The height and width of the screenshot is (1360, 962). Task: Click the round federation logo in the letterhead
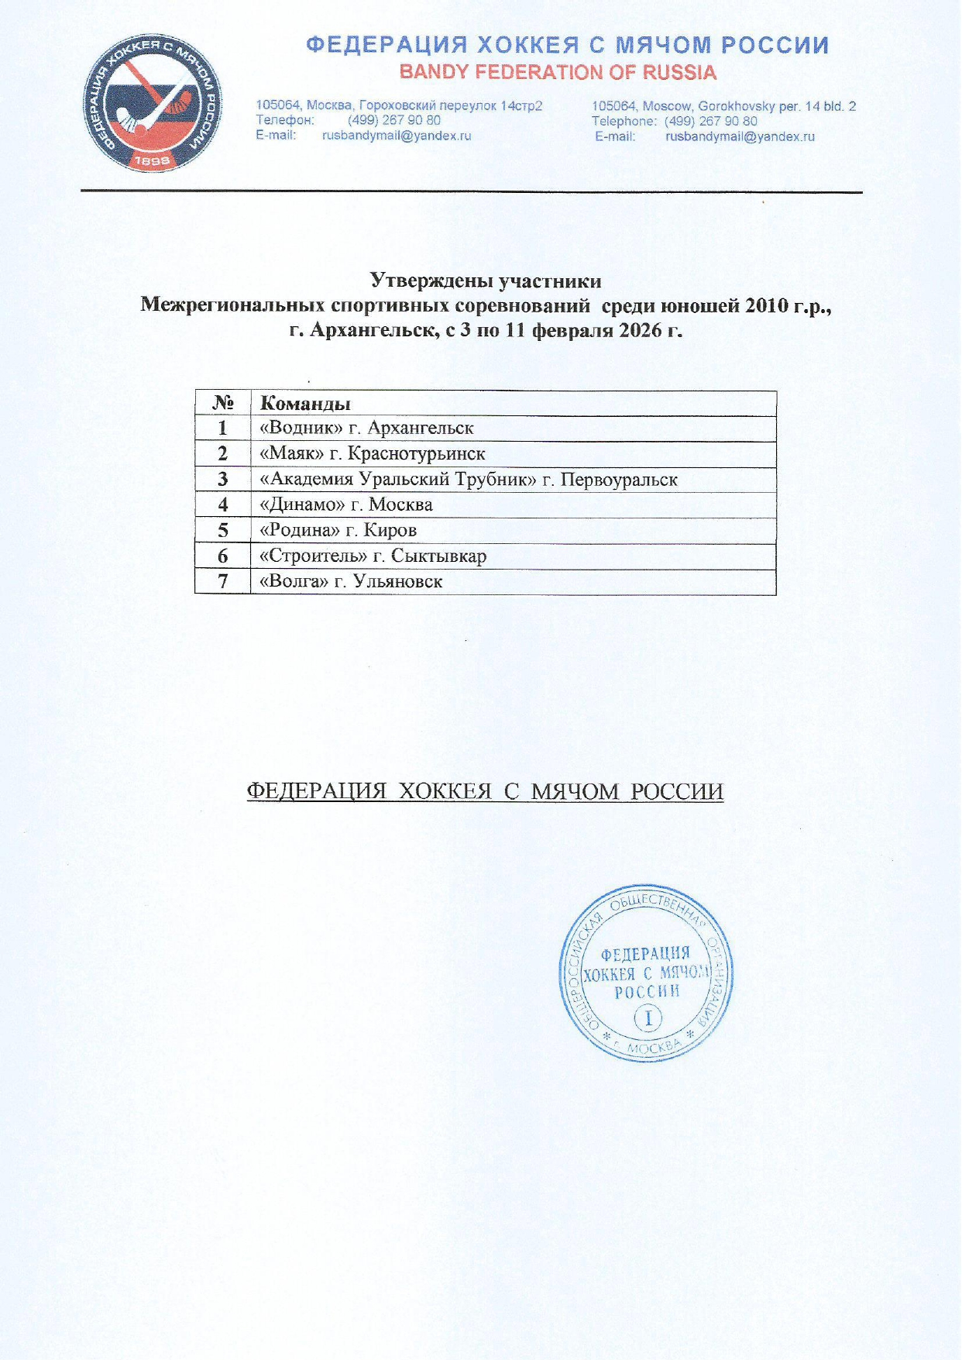pos(152,104)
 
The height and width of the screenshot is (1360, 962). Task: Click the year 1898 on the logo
pos(152,160)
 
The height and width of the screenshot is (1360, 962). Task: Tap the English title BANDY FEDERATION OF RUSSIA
pos(558,73)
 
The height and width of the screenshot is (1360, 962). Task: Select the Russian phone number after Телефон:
pos(394,121)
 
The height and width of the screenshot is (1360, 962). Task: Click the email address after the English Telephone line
pos(740,137)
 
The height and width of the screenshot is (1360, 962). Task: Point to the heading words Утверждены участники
pos(486,280)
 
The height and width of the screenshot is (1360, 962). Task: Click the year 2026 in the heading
pos(640,331)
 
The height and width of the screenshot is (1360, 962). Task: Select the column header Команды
pos(305,404)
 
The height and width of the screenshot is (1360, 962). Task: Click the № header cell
pos(223,404)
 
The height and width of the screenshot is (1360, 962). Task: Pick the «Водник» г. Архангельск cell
pos(367,429)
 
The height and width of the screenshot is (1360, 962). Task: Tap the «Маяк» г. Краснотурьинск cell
pos(373,454)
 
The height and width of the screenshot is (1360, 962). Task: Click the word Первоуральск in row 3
pos(619,480)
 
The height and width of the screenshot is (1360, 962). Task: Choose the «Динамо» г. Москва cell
pos(346,505)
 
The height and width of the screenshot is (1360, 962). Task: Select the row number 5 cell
pos(223,531)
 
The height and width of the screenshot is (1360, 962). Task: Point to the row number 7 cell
pos(223,581)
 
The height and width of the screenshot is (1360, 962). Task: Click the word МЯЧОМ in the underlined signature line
pos(575,791)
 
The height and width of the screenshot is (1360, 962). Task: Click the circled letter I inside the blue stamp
pos(648,1017)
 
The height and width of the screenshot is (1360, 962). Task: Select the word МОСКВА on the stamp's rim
pos(652,1049)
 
